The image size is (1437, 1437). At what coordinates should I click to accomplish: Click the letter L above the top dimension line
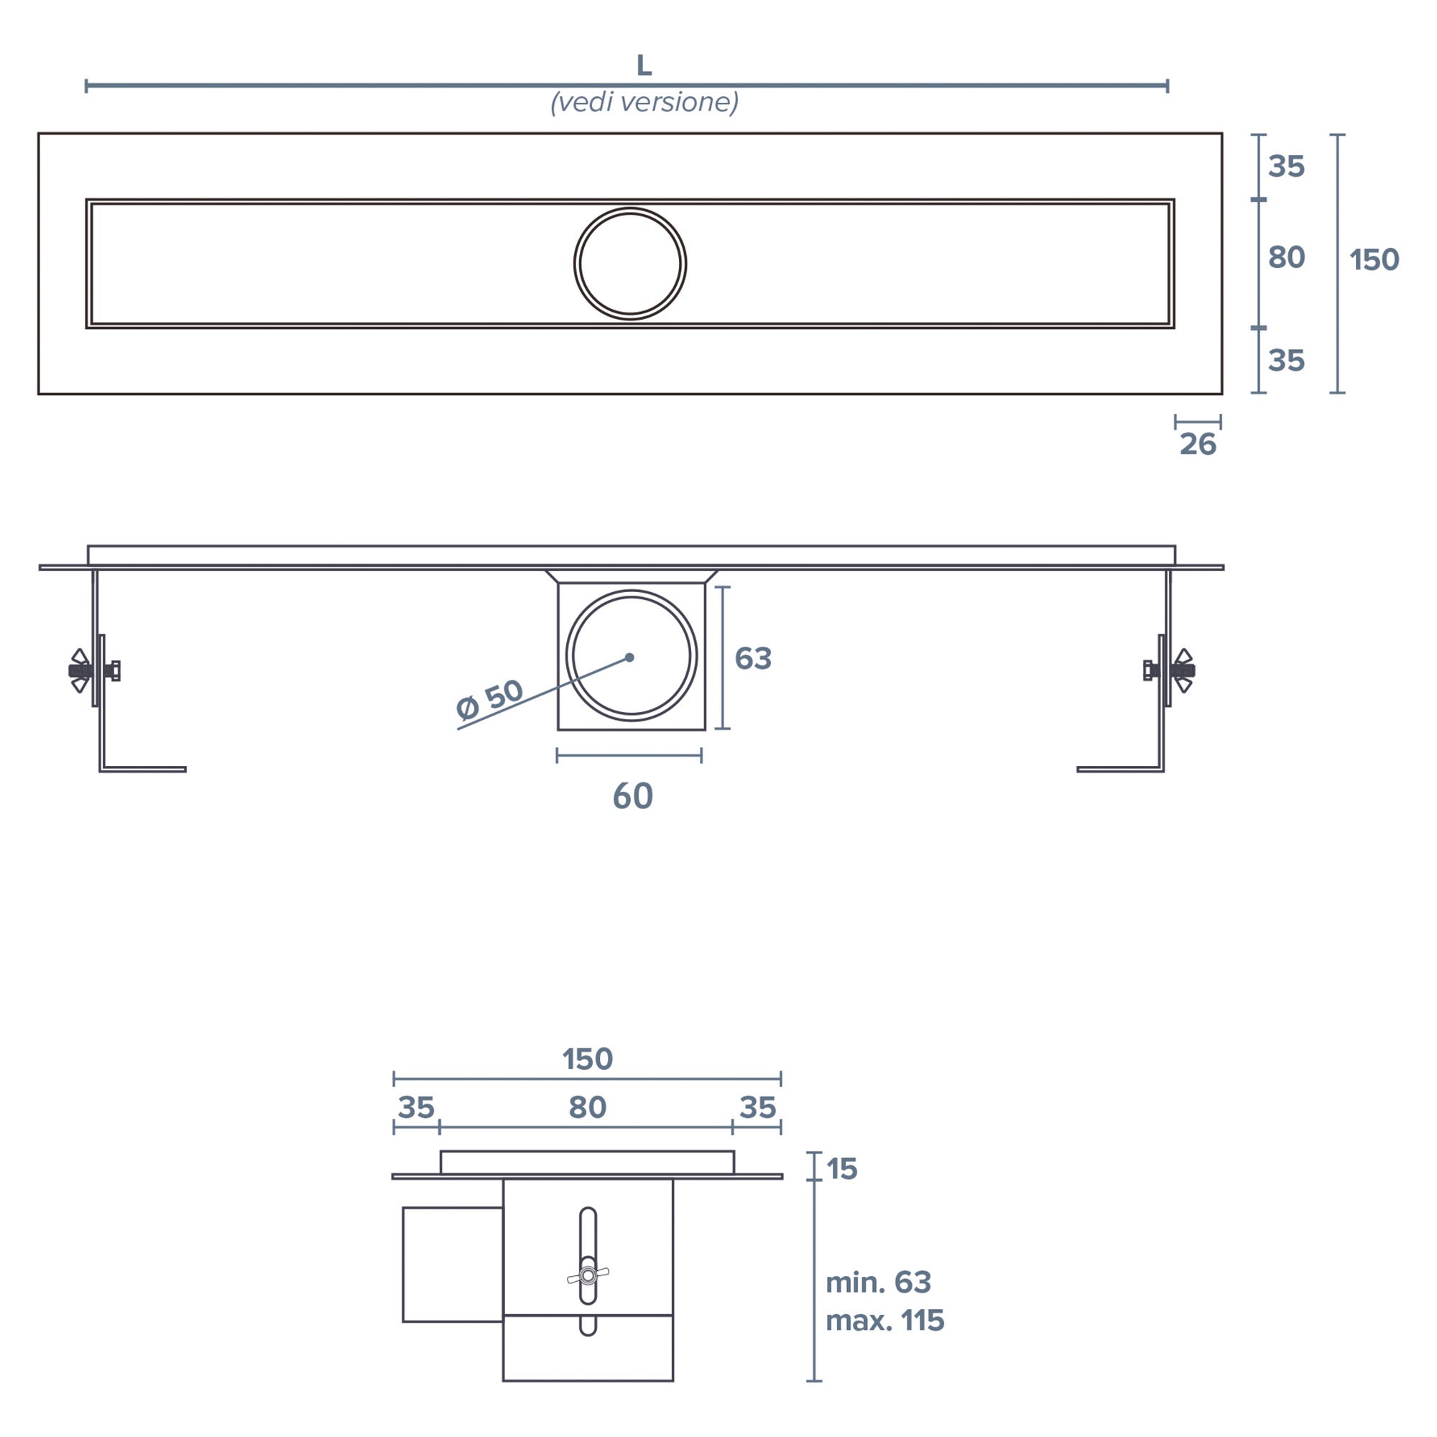tap(644, 66)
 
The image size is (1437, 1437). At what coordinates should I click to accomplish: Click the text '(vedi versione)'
tap(644, 102)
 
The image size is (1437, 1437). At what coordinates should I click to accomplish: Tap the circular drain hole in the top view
tap(630, 264)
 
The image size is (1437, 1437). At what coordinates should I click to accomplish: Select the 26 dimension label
tap(1198, 445)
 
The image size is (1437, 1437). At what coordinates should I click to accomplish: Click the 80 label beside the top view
tap(1286, 257)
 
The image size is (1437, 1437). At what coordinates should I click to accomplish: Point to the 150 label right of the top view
tap(1374, 260)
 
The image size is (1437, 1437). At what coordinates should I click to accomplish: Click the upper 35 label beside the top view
tap(1286, 167)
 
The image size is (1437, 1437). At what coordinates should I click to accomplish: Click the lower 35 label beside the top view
tap(1286, 361)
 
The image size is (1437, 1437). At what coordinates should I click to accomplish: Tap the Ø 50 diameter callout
tap(489, 700)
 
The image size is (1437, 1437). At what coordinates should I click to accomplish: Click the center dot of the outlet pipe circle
tap(629, 657)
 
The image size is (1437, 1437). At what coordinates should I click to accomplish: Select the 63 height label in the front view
tap(753, 658)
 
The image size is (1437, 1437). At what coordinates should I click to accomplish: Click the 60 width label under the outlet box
tap(633, 797)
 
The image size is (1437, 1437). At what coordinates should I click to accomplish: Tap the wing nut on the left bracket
tap(80, 670)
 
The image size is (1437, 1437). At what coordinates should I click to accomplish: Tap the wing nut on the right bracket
tap(1183, 670)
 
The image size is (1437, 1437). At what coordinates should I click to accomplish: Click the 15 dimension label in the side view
tap(841, 1169)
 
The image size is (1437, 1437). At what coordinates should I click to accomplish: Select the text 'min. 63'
tap(878, 1283)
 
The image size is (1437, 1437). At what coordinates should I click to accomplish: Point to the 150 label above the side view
tap(587, 1059)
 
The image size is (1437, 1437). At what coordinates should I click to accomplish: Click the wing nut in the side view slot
tap(588, 1276)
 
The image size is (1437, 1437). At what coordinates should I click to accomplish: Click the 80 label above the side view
tap(587, 1107)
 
